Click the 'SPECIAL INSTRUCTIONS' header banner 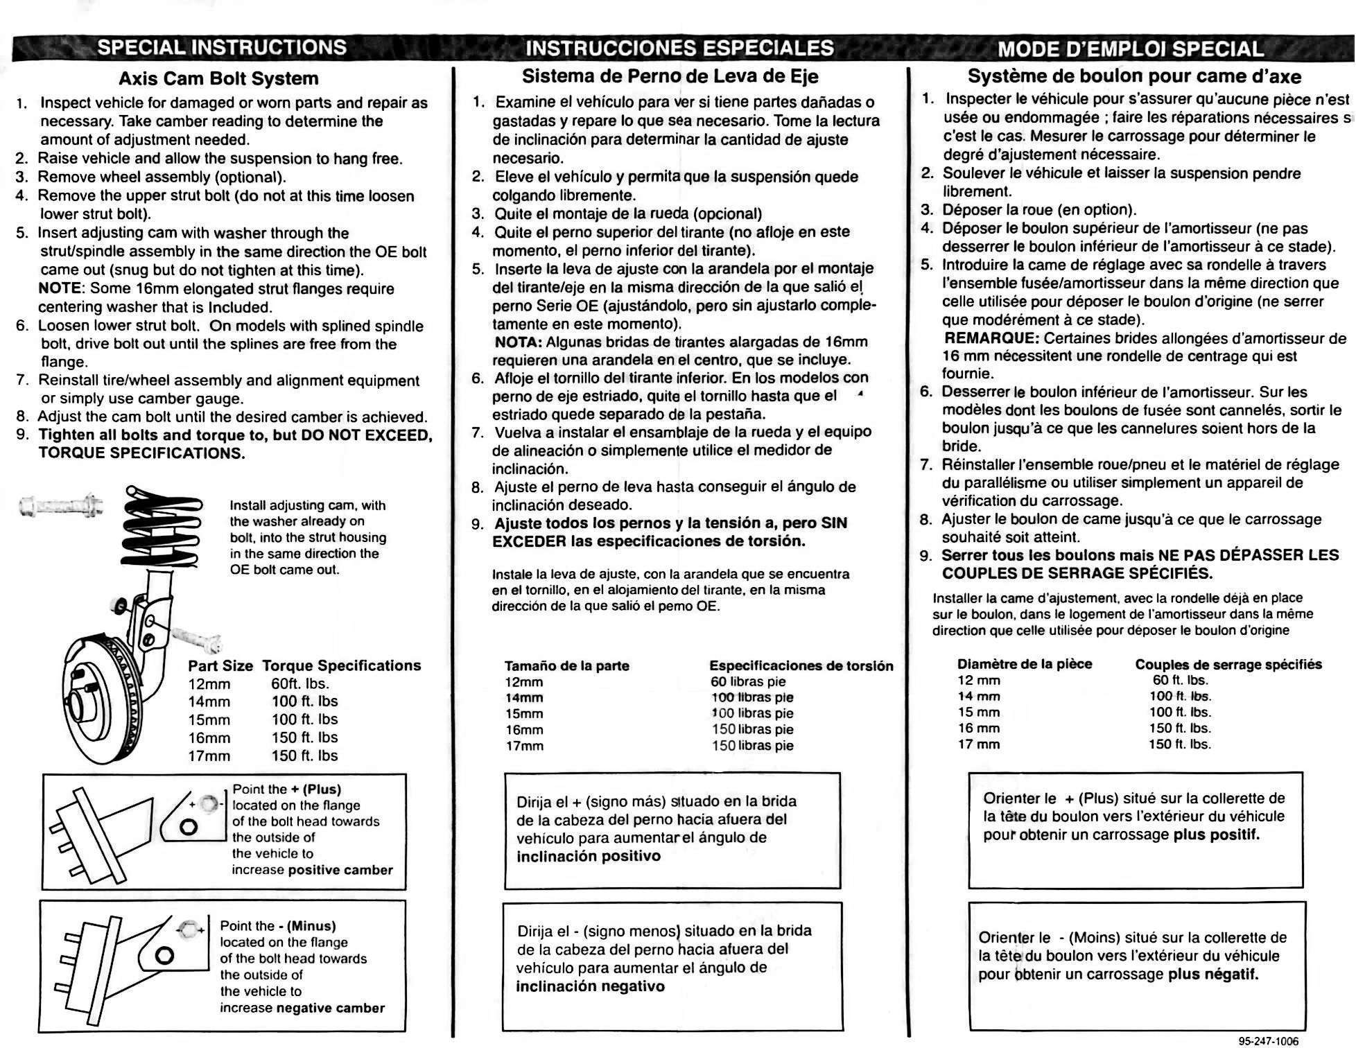pos(222,47)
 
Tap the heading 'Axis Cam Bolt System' pos(218,78)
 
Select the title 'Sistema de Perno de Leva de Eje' pos(670,76)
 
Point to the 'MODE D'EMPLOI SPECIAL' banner pos(1131,49)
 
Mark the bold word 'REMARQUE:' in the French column pos(991,338)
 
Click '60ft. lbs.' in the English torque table pos(300,683)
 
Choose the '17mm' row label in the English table pos(209,756)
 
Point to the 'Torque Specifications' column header pos(342,665)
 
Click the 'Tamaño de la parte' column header pos(566,666)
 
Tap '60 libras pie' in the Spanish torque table pos(748,681)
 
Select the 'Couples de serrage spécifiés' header pos(1228,665)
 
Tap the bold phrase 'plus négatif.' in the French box pos(1213,975)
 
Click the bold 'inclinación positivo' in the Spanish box pos(589,856)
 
